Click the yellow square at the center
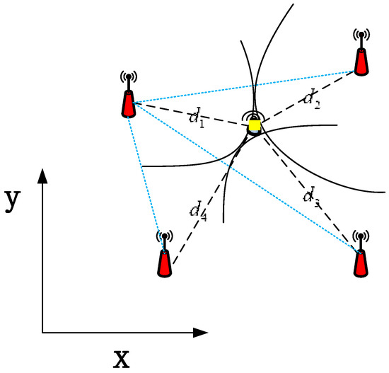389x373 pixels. [x=255, y=126]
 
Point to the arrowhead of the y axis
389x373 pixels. [x=43, y=175]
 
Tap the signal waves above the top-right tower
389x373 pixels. [x=361, y=34]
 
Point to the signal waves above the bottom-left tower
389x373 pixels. [x=164, y=235]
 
